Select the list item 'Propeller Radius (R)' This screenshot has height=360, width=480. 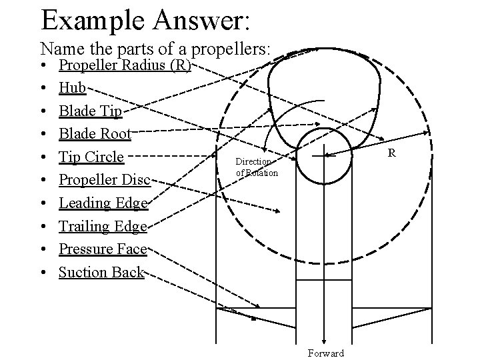click(x=125, y=65)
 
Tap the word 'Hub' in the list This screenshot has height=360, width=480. click(x=71, y=88)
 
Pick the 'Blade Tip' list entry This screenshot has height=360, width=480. click(x=90, y=111)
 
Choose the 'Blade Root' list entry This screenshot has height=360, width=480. click(x=95, y=134)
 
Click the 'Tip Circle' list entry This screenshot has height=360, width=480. click(x=91, y=157)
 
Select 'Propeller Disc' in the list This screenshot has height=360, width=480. click(x=105, y=180)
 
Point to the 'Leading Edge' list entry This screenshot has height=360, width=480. click(x=103, y=203)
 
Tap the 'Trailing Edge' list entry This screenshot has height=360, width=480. click(x=103, y=226)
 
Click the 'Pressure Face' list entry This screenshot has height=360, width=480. click(x=103, y=249)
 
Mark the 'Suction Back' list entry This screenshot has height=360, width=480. click(x=101, y=272)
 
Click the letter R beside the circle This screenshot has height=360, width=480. click(x=392, y=154)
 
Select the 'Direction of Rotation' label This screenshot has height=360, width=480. click(x=253, y=167)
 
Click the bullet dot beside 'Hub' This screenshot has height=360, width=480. click(x=43, y=89)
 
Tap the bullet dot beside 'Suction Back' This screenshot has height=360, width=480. click(x=43, y=273)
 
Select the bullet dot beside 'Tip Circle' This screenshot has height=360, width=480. click(x=43, y=157)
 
